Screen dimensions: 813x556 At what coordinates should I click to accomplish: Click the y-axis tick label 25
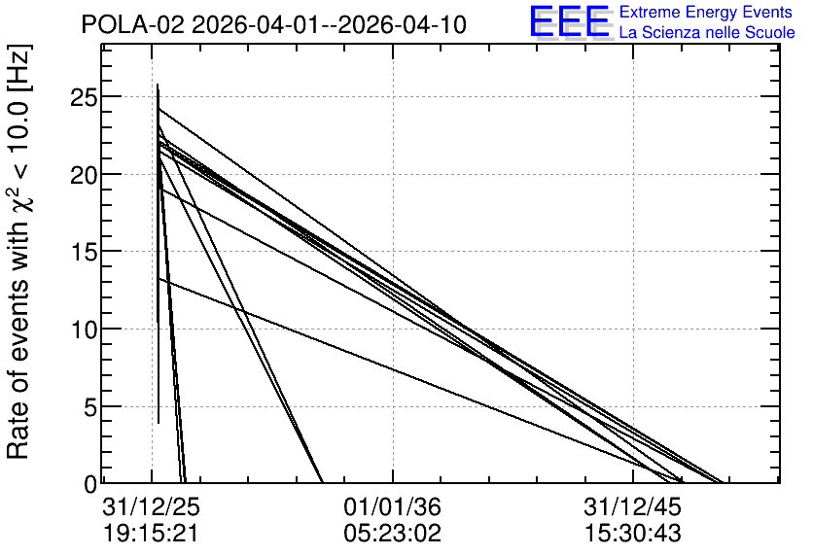point(83,97)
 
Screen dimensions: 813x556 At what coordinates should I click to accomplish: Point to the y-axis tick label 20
point(83,175)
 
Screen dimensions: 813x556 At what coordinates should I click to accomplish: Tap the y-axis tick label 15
point(83,252)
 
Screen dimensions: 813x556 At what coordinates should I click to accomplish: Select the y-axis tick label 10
point(83,330)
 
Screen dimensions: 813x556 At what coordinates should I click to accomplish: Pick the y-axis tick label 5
point(90,407)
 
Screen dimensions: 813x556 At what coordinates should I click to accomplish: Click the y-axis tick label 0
point(90,484)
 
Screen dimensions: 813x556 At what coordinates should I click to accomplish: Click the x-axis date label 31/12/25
point(152,506)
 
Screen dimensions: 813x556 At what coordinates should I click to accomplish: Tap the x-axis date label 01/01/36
point(393,506)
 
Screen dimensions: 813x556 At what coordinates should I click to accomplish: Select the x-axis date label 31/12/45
point(633,506)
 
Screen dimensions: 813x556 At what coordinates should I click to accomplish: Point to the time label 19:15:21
point(152,534)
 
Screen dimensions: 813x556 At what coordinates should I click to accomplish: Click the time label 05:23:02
point(393,534)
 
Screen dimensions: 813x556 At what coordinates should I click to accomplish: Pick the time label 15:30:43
point(633,534)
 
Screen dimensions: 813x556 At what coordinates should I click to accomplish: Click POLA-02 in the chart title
point(133,24)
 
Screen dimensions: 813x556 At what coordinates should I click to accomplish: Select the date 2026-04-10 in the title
point(403,24)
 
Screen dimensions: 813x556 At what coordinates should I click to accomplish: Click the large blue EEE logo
point(570,21)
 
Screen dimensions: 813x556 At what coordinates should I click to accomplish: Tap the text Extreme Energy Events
point(706,12)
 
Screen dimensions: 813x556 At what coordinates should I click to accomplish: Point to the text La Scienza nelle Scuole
point(707,32)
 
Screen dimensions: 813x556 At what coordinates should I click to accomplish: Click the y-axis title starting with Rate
point(18,252)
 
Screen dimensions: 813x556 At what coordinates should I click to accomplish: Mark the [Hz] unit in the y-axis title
point(20,68)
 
